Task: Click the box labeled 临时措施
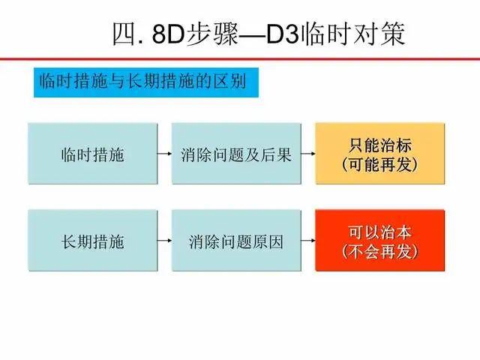point(92,154)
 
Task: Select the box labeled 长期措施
point(92,241)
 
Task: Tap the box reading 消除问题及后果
point(236,154)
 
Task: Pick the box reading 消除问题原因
point(236,241)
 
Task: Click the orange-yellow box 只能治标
point(379,154)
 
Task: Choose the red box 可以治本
point(379,241)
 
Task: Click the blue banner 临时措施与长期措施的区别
point(146,82)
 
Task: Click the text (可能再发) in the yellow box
point(379,164)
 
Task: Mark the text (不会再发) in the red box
point(379,252)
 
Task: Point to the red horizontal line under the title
point(240,59)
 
